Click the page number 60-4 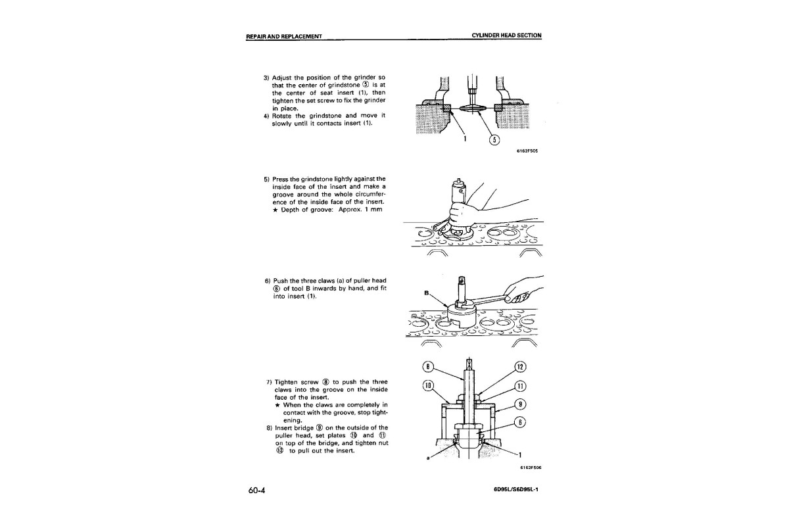pos(256,490)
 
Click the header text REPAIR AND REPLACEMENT pos(284,36)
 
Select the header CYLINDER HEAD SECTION pos(506,36)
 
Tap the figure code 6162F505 pos(527,151)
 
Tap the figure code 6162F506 pos(531,467)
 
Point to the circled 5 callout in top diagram pos(494,140)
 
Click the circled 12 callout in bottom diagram pos(521,367)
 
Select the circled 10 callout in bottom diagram pos(428,385)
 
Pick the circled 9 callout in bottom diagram pos(521,404)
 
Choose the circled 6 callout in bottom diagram pos(521,422)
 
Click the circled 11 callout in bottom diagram pos(521,386)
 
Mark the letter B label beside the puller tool pos(427,293)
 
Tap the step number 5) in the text pos(267,179)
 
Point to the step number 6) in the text pos(268,281)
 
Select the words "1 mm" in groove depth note pos(373,209)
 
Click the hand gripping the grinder pos(462,214)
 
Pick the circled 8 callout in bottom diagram pos(428,367)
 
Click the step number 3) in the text pos(267,78)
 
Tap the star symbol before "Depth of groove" pos(275,210)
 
